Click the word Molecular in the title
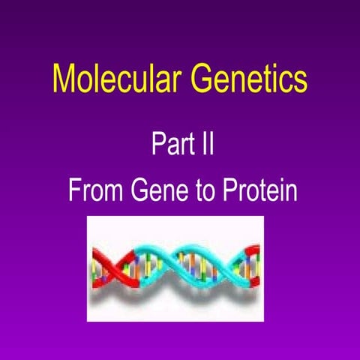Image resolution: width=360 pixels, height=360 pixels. pos(115,79)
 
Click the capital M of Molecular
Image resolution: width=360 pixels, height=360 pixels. pos(63,79)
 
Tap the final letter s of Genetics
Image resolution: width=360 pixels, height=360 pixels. pos(300,81)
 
